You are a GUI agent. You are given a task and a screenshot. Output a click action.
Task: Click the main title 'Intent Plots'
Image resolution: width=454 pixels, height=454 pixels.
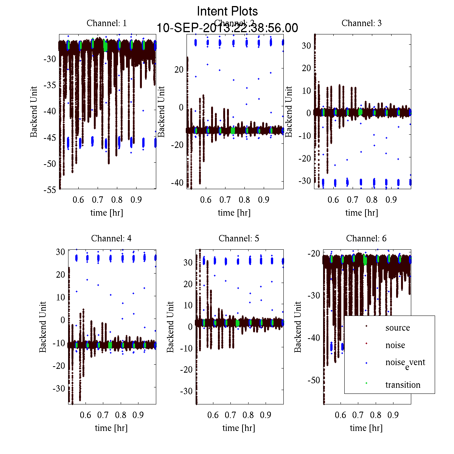pos(227,11)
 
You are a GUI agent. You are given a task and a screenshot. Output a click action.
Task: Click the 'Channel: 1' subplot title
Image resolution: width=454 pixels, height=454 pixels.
pos(107,23)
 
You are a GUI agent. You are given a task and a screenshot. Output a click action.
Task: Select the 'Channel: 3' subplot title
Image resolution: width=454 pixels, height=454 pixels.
pos(362,23)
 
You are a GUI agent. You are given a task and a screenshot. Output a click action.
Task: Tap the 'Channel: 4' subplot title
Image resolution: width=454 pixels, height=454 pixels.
pos(111,238)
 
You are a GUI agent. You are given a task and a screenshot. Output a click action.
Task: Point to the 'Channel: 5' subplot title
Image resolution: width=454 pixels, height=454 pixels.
pos(239,238)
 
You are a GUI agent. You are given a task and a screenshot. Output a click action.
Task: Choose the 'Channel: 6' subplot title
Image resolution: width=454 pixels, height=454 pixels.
pos(366,238)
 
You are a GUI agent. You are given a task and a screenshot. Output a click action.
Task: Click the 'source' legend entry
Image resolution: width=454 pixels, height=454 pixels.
pos(397,328)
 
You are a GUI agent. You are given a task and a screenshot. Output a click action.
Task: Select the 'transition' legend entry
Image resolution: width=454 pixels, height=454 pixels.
pos(403,385)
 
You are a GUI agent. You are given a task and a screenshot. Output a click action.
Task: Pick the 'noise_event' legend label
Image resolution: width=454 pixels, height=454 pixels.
pos(405,363)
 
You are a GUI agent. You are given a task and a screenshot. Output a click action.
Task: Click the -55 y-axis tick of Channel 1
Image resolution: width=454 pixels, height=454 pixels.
pos(50,190)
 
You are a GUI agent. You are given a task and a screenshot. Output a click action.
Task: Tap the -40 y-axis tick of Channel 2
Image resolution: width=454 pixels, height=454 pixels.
pos(176,182)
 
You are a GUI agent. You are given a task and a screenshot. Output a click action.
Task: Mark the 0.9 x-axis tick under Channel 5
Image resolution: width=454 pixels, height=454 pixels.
pos(266,415)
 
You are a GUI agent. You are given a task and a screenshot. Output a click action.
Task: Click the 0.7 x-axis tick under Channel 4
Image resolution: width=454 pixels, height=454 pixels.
pos(103,415)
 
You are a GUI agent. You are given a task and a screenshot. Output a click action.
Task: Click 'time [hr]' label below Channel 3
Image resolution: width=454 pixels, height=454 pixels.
pos(362,213)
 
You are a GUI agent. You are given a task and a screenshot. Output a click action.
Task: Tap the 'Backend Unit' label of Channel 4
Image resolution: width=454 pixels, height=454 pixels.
pos(43,327)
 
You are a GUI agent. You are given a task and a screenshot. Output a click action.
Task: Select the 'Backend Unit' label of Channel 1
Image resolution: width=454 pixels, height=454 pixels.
pos(34,112)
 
